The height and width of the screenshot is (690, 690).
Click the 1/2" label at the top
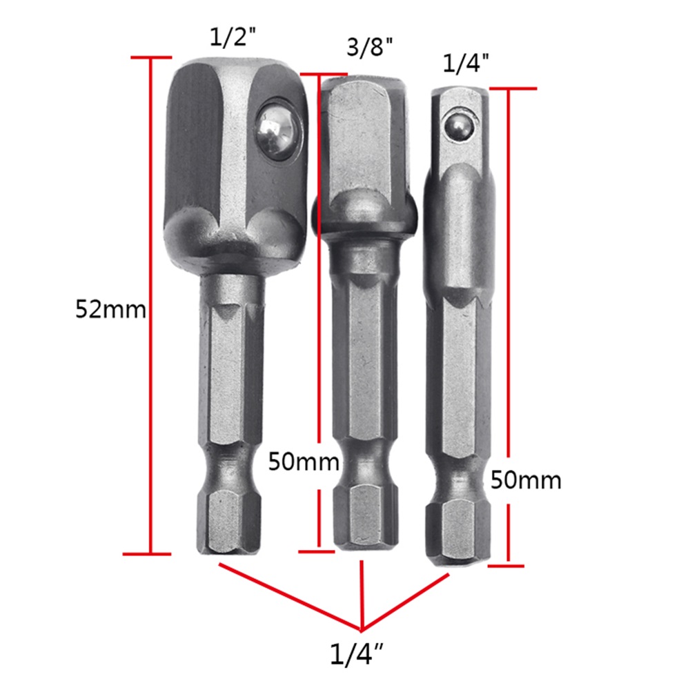click(x=233, y=37)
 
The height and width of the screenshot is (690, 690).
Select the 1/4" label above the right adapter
click(x=466, y=63)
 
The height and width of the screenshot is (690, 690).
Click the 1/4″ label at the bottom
click(x=357, y=654)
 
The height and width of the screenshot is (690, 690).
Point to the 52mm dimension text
click(x=110, y=309)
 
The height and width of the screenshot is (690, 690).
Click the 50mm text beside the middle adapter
click(x=304, y=462)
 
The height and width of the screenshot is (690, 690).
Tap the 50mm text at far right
click(x=526, y=480)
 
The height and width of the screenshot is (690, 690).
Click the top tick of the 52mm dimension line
click(x=151, y=57)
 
